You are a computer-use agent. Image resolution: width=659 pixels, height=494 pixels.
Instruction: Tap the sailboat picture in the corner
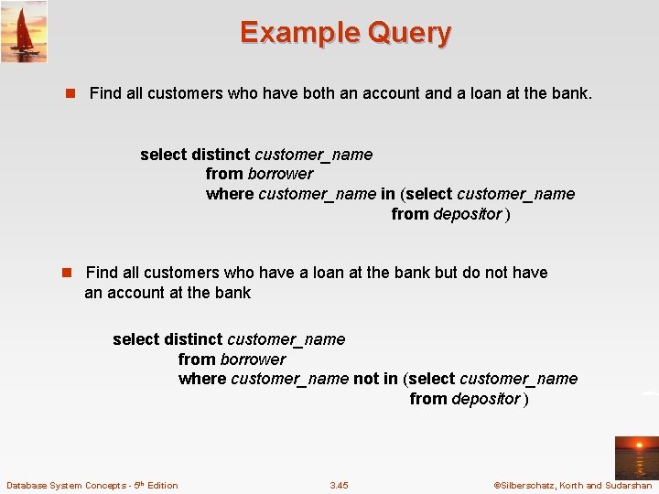[x=24, y=31]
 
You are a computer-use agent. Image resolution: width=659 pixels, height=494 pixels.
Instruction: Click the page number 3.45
[x=339, y=485]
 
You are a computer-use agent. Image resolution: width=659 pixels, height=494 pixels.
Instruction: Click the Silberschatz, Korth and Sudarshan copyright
[x=572, y=485]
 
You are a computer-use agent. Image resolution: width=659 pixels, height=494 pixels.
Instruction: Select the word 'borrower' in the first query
[x=280, y=174]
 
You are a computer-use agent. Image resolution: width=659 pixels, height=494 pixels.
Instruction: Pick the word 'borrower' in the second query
[x=253, y=360]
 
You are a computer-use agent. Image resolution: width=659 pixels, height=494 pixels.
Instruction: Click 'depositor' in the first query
[x=468, y=214]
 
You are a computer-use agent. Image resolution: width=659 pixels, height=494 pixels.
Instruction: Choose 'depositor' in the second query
[x=486, y=399]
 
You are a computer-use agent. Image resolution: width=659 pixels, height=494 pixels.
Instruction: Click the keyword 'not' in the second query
[x=366, y=379]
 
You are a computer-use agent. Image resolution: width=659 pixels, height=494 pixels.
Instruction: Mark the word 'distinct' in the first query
[x=221, y=155]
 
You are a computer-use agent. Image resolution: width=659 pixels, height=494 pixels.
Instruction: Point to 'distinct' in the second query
[x=193, y=339]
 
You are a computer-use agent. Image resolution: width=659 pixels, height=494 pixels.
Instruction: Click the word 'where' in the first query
[x=230, y=194]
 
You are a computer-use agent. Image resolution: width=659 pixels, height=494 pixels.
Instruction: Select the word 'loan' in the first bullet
[x=497, y=93]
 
